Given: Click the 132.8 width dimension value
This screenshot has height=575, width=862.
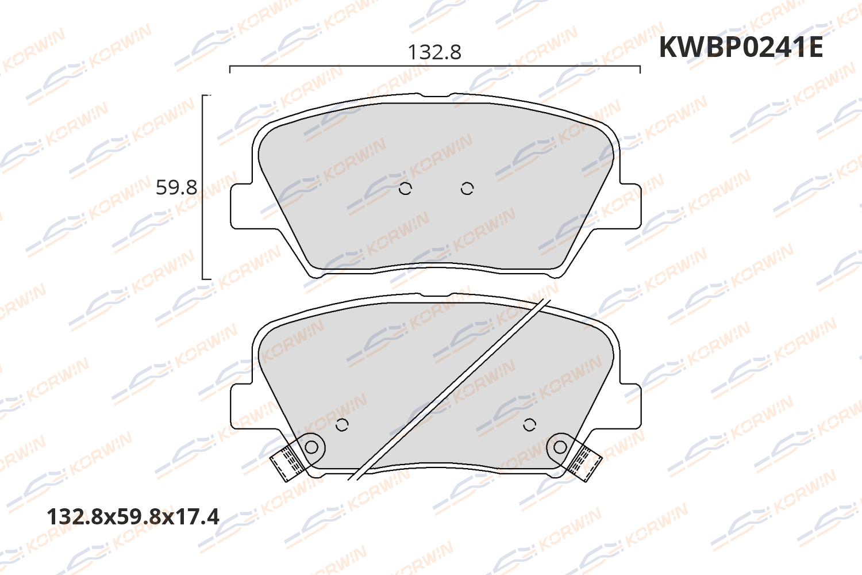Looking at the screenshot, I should pyautogui.click(x=434, y=52).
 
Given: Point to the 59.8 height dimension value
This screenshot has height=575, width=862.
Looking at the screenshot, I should pyautogui.click(x=176, y=187).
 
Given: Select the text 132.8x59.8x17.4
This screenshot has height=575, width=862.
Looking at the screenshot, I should pyautogui.click(x=133, y=516).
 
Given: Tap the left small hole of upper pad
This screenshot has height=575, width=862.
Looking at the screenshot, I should pyautogui.click(x=405, y=189).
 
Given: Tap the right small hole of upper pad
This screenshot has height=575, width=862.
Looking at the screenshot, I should pyautogui.click(x=467, y=189).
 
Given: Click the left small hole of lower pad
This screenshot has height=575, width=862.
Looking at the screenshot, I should pyautogui.click(x=342, y=425).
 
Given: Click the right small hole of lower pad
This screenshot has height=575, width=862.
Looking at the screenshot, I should pyautogui.click(x=529, y=425).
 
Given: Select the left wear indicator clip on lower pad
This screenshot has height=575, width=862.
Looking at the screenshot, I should pyautogui.click(x=287, y=461).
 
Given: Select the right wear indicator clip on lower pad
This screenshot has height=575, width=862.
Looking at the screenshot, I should pyautogui.click(x=585, y=461).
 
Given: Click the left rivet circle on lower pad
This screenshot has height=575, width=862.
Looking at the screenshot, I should pyautogui.click(x=311, y=446).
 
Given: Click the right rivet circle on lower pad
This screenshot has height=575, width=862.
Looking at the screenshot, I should pyautogui.click(x=560, y=446).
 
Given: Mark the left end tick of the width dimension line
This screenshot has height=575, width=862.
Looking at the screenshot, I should pyautogui.click(x=230, y=69).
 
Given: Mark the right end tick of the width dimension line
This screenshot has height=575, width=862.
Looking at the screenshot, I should pyautogui.click(x=640, y=69).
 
